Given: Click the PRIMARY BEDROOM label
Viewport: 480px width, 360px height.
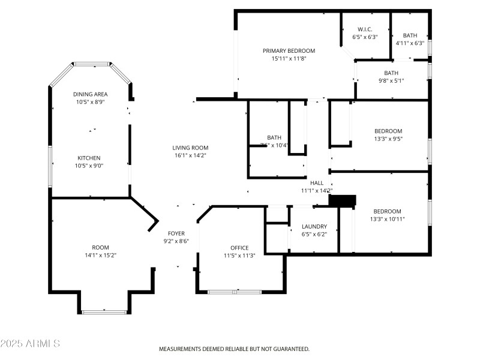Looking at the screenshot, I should (x=289, y=51).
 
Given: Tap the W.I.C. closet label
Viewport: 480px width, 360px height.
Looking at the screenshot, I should (x=365, y=29).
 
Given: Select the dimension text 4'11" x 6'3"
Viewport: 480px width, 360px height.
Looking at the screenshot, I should (x=410, y=43).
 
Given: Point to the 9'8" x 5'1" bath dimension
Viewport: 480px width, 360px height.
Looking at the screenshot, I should (x=391, y=81).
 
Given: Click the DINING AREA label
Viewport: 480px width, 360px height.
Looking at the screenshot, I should (x=90, y=94).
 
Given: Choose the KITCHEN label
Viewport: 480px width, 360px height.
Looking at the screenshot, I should (x=89, y=158).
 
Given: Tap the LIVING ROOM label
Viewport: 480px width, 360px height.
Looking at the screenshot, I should (x=190, y=148).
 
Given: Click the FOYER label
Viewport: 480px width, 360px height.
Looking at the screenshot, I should (x=176, y=233).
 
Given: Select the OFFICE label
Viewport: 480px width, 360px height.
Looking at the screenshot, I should (x=239, y=248).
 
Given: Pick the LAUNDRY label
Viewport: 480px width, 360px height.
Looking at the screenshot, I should (x=314, y=226).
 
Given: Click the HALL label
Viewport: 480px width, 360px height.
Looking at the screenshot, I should (x=316, y=183).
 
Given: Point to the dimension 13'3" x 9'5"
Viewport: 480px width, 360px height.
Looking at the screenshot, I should (x=388, y=139).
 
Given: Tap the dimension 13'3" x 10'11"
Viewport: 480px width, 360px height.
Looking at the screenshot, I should (x=388, y=219).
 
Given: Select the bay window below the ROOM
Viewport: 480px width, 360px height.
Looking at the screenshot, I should (x=104, y=311).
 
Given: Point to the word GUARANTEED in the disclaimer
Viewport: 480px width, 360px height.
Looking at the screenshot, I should (x=290, y=349).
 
